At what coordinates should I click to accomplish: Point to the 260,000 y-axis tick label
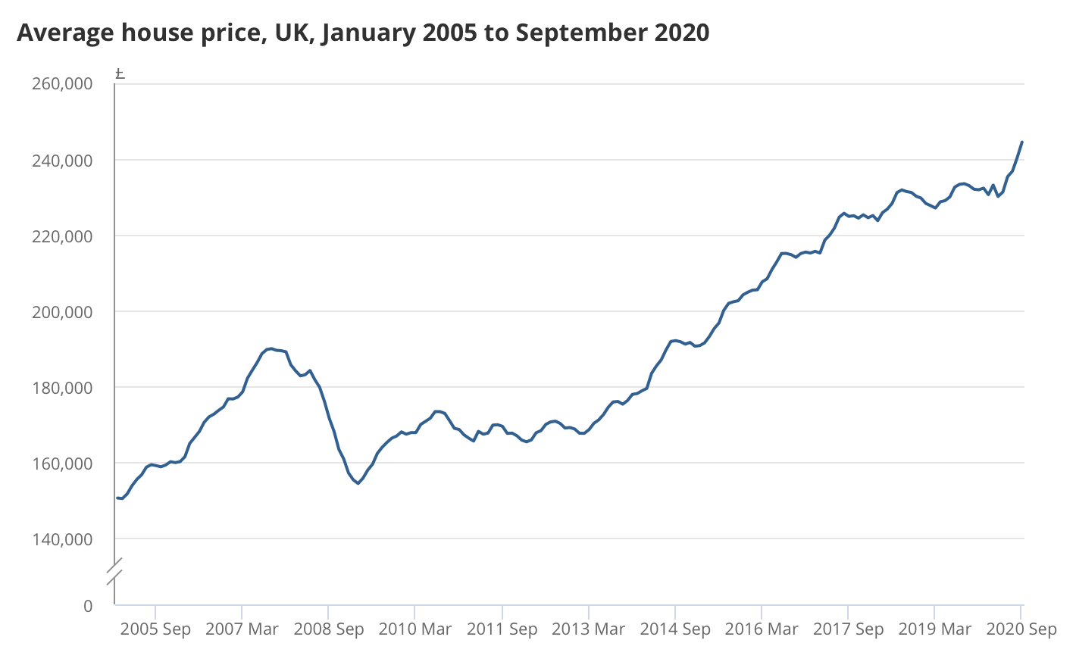[62, 83]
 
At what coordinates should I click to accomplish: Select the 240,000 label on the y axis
[62, 161]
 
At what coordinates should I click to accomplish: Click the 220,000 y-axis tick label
[62, 236]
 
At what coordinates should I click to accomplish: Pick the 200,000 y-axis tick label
[62, 312]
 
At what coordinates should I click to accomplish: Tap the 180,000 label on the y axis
[62, 388]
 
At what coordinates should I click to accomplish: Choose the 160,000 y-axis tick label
[62, 464]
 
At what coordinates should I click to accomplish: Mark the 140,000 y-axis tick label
[62, 539]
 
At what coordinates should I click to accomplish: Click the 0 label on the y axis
[88, 606]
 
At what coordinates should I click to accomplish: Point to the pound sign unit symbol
[120, 73]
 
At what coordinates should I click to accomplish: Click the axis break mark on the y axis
[114, 573]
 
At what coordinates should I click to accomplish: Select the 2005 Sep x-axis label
[155, 629]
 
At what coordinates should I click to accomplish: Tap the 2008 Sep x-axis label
[329, 629]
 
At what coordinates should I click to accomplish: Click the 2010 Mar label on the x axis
[415, 629]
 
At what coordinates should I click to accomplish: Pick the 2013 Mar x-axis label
[589, 629]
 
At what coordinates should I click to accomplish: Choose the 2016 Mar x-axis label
[762, 629]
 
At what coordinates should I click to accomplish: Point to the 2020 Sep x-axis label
[1021, 629]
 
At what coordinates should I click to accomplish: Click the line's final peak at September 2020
[1022, 142]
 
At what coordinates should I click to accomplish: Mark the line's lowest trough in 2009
[358, 483]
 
